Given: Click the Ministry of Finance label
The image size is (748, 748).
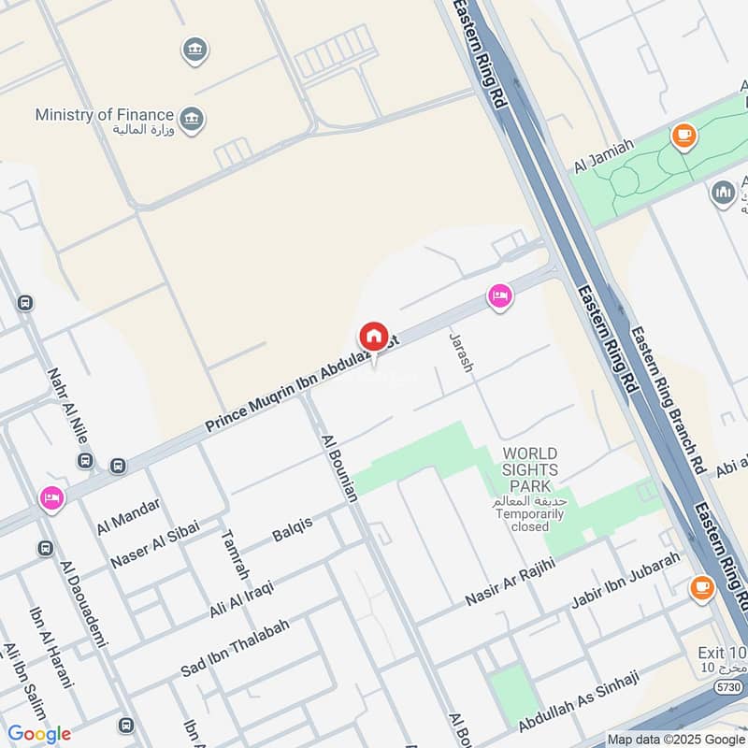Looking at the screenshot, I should pyautogui.click(x=106, y=114).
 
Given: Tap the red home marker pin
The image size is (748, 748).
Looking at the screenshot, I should pyautogui.click(x=373, y=337).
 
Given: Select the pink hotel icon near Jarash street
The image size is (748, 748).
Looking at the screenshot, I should pyautogui.click(x=500, y=297).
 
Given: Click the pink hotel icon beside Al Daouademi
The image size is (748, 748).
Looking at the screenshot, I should pyautogui.click(x=50, y=498).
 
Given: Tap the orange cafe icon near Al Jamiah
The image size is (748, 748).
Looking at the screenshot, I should pyautogui.click(x=683, y=137).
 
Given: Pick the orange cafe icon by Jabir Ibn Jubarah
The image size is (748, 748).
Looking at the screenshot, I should pyautogui.click(x=700, y=588).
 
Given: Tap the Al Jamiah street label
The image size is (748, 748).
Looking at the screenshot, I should pyautogui.click(x=604, y=155).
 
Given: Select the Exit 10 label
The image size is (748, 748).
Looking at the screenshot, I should pyautogui.click(x=722, y=653).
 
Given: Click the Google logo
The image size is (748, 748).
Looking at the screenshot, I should pyautogui.click(x=39, y=733).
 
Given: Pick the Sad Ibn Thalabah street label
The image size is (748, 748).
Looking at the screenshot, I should pyautogui.click(x=235, y=647).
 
